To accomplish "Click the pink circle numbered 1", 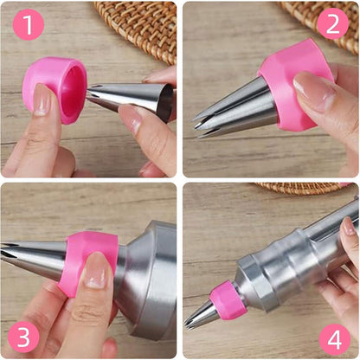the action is (29, 24).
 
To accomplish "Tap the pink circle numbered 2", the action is (332, 23).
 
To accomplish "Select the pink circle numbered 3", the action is (23, 337).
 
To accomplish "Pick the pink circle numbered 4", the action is (335, 339).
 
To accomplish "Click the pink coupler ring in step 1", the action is (54, 89).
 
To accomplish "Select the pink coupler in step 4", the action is (228, 301).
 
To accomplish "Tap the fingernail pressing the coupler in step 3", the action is (95, 270).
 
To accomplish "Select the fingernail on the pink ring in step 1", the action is (42, 100).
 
